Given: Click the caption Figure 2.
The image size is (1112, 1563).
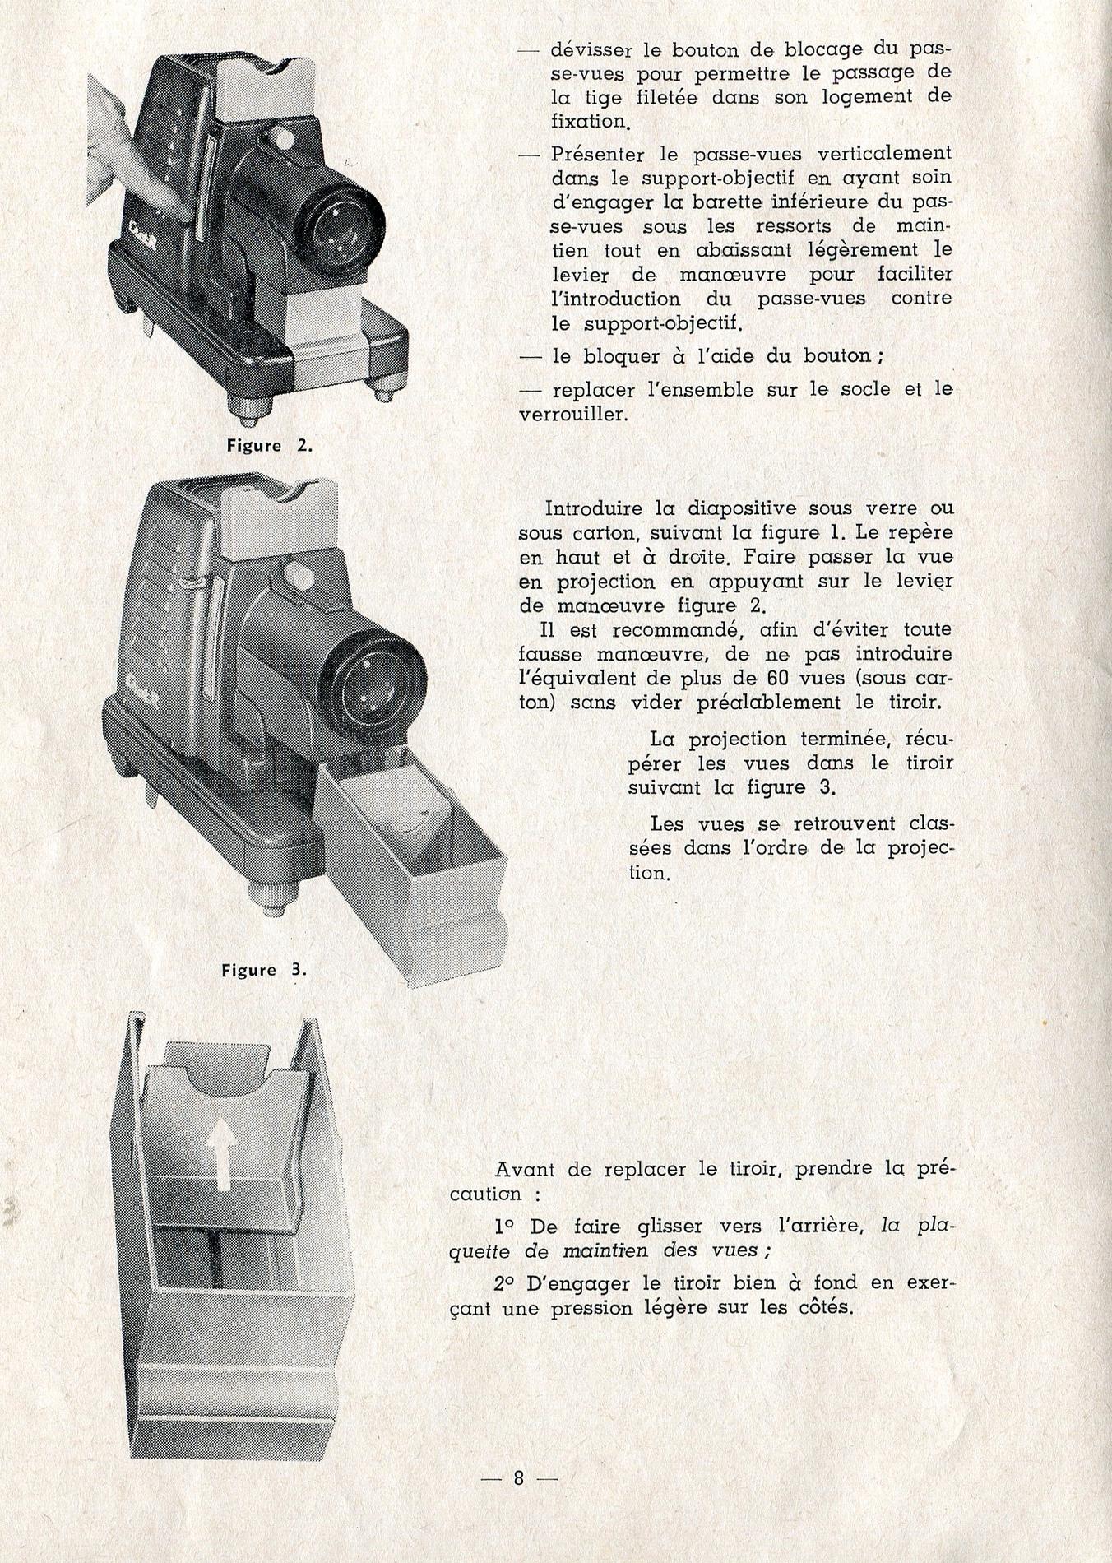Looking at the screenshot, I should click(270, 446).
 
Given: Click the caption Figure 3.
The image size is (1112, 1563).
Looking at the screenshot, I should click(263, 970).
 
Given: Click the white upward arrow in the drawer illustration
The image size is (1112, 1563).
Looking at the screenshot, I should click(223, 1155).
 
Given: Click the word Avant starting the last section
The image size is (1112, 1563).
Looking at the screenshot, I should click(526, 1169).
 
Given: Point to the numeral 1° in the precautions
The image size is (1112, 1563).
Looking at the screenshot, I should click(505, 1227).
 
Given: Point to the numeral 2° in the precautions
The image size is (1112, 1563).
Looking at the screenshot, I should click(504, 1283).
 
